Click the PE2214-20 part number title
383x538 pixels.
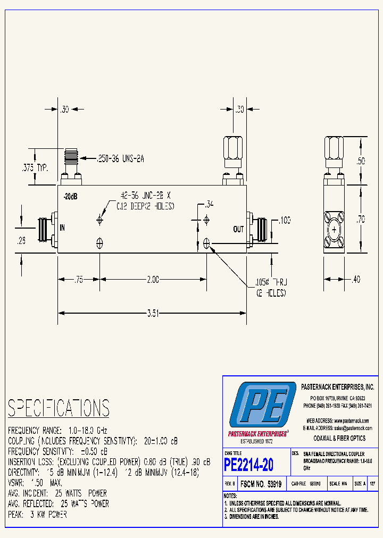(x=249, y=465)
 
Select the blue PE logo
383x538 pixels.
(x=262, y=408)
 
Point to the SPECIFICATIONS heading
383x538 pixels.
(x=59, y=408)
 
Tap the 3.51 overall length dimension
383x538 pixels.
(x=152, y=314)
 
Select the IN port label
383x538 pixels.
(x=63, y=228)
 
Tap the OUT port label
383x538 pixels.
(x=239, y=230)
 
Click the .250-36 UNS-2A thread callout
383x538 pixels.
(x=121, y=158)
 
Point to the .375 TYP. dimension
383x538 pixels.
(x=35, y=167)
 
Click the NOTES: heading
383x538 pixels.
(x=230, y=495)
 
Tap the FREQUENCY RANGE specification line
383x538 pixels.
(x=57, y=430)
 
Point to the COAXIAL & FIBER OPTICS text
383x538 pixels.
(x=339, y=438)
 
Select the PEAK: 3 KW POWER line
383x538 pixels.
(x=37, y=514)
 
